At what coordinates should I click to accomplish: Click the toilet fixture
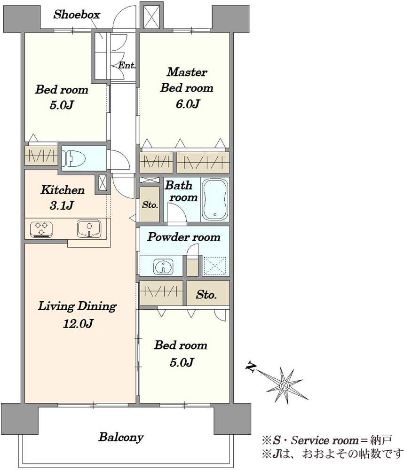(73, 157)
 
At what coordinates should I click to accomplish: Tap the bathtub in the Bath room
(215, 199)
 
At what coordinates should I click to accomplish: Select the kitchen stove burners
(41, 229)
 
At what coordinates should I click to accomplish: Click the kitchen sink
(89, 228)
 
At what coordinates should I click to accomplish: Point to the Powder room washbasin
(163, 266)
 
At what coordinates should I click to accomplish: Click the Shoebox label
(77, 15)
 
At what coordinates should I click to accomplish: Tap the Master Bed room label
(187, 80)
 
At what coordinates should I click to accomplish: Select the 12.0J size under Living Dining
(78, 323)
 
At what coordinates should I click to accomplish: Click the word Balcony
(121, 437)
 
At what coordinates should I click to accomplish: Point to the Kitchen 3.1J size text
(62, 206)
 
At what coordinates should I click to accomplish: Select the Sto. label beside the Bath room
(150, 205)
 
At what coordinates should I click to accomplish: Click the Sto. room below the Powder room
(208, 293)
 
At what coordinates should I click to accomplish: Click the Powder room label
(184, 237)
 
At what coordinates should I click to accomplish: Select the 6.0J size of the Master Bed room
(188, 104)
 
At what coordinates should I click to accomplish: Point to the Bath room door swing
(177, 213)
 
